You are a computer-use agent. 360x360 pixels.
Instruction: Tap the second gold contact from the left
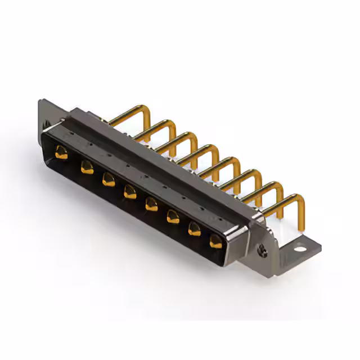point(86,166)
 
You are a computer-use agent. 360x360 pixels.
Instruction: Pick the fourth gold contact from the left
point(129,192)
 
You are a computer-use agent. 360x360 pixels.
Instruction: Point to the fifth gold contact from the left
point(151,204)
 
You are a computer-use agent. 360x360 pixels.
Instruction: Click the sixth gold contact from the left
point(172,216)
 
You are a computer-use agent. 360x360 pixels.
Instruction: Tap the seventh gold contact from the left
point(194,228)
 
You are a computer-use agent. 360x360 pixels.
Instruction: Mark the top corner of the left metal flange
point(40,101)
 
